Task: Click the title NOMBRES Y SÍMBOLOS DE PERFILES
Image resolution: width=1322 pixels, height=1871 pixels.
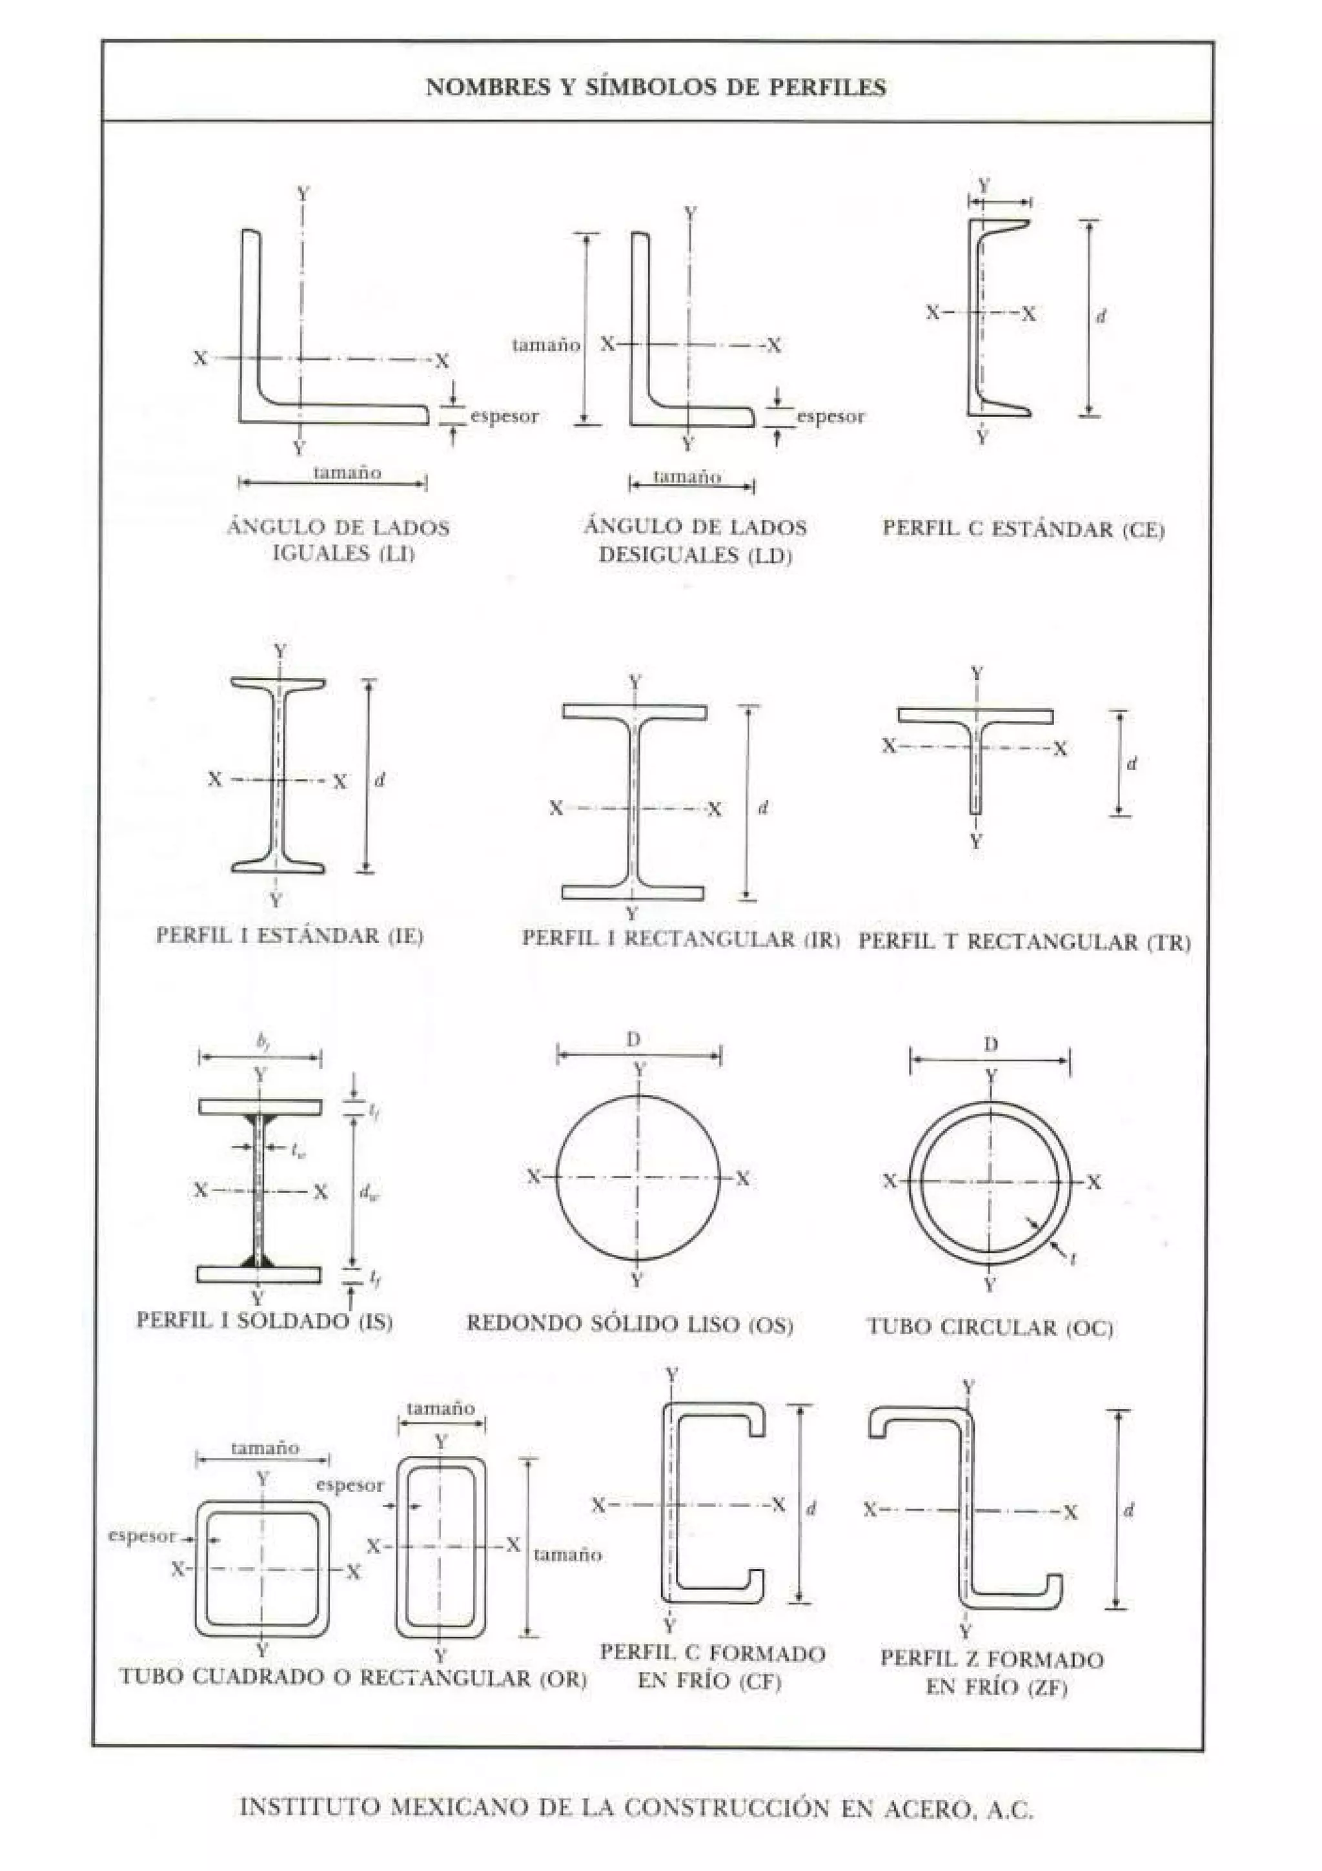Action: [656, 87]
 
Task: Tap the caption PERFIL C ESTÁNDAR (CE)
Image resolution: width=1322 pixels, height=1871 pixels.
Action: [1023, 529]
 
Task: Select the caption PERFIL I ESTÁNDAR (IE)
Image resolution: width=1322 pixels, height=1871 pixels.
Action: [290, 935]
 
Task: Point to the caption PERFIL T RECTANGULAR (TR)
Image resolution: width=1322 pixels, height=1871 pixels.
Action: [1024, 943]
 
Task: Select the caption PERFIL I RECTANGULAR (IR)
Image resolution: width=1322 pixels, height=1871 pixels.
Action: [680, 939]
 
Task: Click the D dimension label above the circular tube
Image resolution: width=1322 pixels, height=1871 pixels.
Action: [990, 1045]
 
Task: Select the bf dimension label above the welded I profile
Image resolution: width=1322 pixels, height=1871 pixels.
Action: [261, 1041]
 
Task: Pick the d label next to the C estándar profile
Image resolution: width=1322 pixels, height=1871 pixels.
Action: [1101, 316]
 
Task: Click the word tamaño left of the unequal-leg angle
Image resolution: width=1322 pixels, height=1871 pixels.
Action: [545, 345]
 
